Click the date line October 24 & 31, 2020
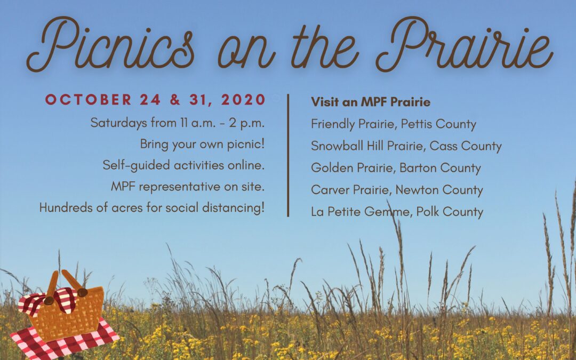pos(155,100)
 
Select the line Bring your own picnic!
pos(202,144)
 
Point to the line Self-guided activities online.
pos(183,165)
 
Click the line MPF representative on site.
pos(188,187)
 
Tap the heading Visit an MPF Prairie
pos(371,101)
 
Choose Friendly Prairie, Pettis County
pos(394,124)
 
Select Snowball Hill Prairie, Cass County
pos(406,146)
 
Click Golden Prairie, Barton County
pos(396,168)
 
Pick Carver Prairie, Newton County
pos(397,190)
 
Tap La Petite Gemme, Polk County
pos(397,212)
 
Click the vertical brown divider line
pos(288,155)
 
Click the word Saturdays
pos(116,123)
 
